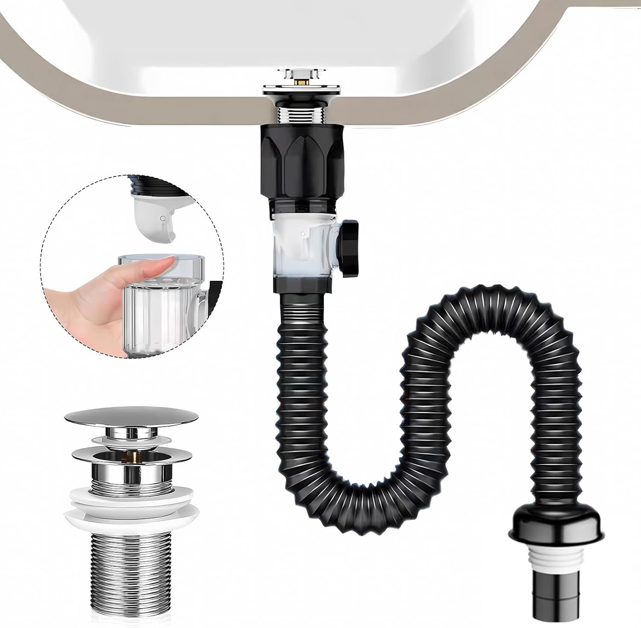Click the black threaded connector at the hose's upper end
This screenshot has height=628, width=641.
pos(302,310)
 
